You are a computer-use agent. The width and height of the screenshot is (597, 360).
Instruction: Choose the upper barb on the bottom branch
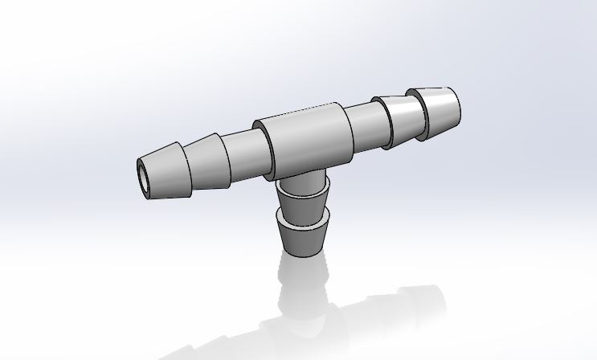click(x=304, y=198)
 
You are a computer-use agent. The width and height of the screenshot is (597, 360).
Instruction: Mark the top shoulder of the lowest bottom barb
click(x=303, y=216)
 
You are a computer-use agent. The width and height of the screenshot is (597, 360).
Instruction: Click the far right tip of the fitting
click(x=459, y=105)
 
